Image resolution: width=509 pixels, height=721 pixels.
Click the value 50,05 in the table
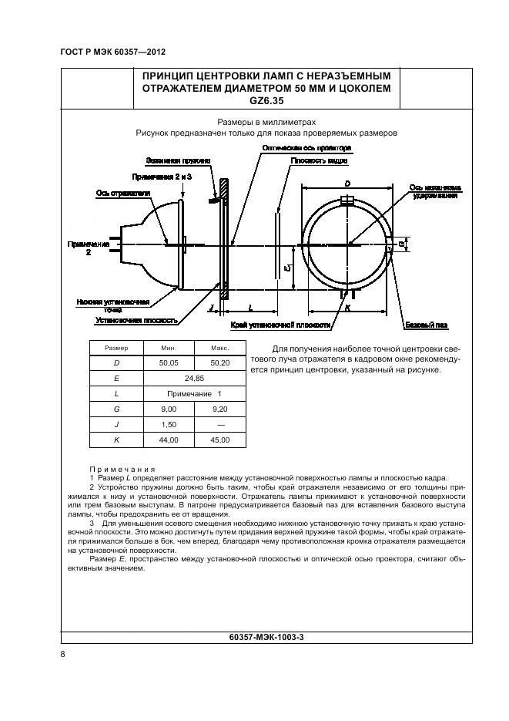[x=168, y=362]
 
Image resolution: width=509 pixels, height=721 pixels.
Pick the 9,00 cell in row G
[x=168, y=409]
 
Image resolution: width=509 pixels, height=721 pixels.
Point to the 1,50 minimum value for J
[x=168, y=424]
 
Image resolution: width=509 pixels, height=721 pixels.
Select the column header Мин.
[x=168, y=348]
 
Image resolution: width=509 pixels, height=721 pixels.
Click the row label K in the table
[x=116, y=440]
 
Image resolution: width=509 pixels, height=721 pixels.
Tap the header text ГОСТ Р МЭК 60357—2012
[x=113, y=52]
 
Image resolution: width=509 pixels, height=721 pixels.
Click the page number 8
[x=62, y=654]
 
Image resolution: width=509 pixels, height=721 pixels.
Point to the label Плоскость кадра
[x=319, y=162]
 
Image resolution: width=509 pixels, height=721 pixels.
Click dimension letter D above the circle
[x=347, y=184]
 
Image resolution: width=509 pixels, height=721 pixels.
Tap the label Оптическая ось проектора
[x=306, y=147]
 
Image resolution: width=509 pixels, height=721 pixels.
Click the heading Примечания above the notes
[x=122, y=469]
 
